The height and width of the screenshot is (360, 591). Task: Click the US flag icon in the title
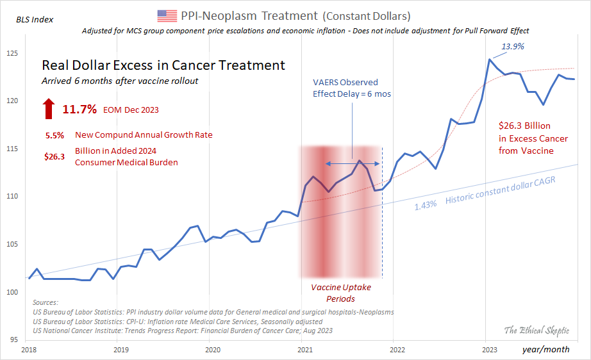pyautogui.click(x=167, y=15)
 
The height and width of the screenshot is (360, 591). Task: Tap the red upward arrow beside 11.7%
pyautogui.click(x=49, y=109)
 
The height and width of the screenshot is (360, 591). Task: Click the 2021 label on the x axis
pyautogui.click(x=304, y=350)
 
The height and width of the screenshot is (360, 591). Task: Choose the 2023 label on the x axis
pyautogui.click(x=489, y=350)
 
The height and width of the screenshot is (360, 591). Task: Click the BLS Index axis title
pyautogui.click(x=35, y=19)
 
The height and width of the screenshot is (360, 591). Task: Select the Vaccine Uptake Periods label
pyautogui.click(x=340, y=293)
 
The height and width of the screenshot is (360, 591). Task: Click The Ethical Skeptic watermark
pyautogui.click(x=536, y=330)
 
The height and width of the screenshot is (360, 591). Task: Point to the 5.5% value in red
pyautogui.click(x=54, y=135)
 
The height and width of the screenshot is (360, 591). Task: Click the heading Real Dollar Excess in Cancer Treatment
pyautogui.click(x=163, y=65)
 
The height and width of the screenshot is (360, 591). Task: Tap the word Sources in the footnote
pyautogui.click(x=46, y=302)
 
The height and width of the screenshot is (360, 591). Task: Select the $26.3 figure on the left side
pyautogui.click(x=54, y=156)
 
